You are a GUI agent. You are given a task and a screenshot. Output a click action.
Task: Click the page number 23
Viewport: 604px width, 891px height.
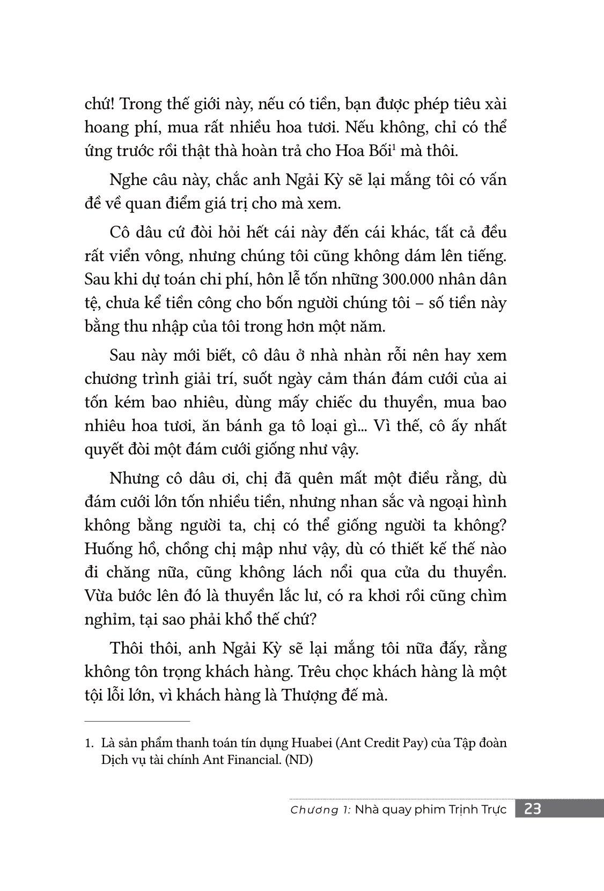[x=533, y=808]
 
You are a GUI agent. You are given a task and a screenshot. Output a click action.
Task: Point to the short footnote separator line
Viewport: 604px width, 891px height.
[x=137, y=722]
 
